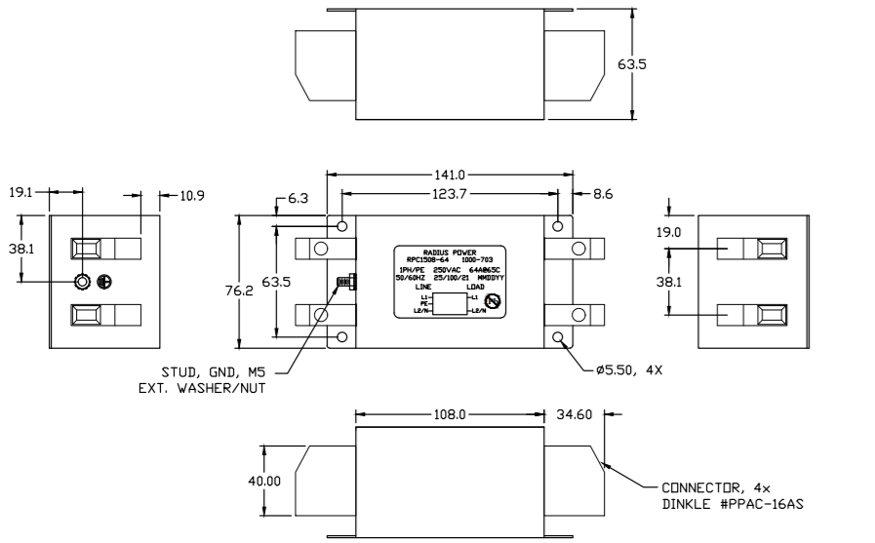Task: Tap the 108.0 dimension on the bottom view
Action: [x=449, y=413]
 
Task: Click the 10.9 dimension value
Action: [x=191, y=196]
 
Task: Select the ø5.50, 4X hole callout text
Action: [x=631, y=371]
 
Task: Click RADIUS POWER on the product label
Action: [x=449, y=252]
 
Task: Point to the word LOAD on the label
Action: [x=476, y=287]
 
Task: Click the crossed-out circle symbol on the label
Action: [x=493, y=303]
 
